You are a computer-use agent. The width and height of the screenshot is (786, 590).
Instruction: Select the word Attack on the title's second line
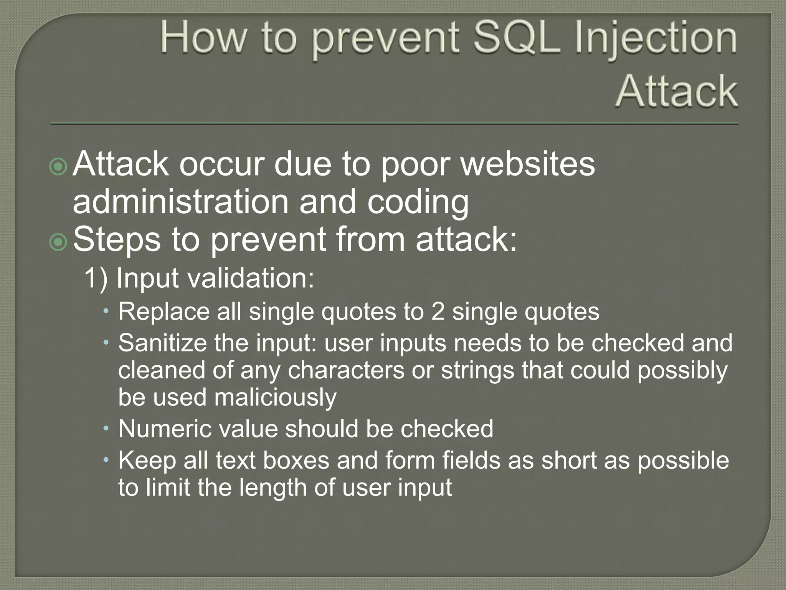(676, 91)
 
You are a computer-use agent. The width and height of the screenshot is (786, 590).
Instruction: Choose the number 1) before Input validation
(96, 278)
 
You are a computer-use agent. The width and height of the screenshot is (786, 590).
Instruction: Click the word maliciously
(275, 398)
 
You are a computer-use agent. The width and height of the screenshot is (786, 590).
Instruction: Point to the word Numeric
(164, 429)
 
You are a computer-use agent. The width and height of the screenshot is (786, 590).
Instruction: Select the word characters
(346, 370)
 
